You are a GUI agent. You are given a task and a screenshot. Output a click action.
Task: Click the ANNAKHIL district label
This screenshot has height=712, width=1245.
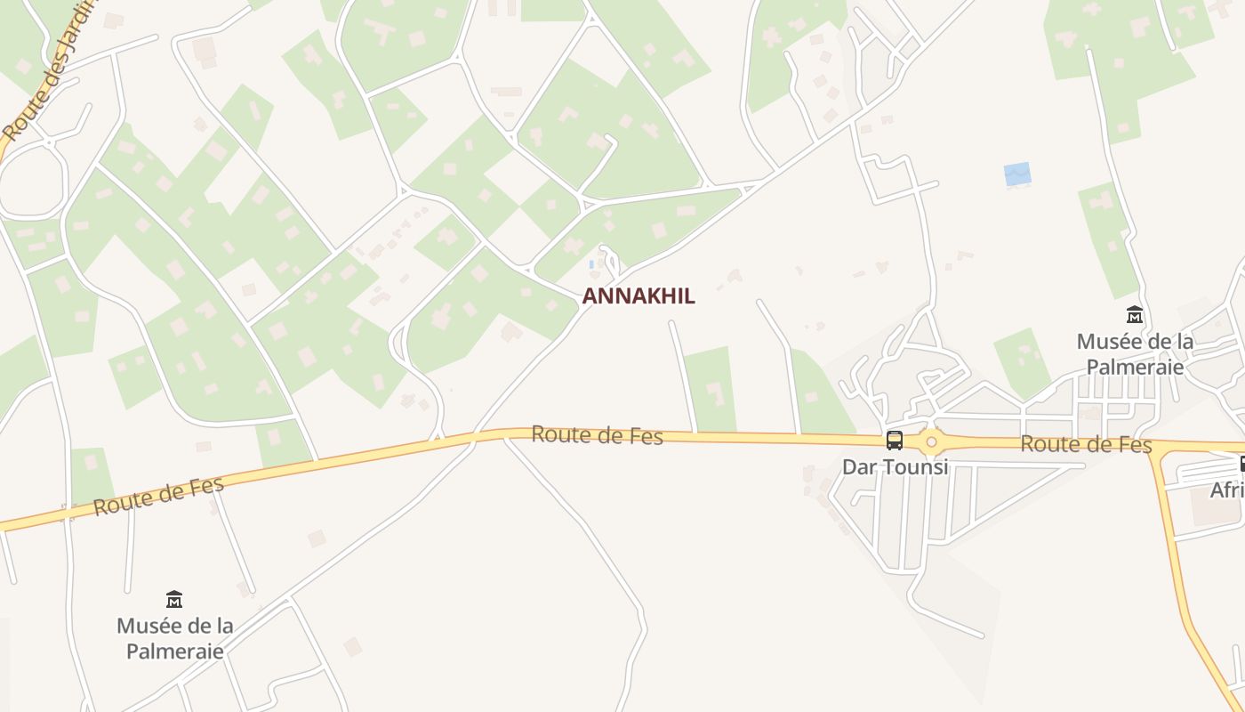coord(639,296)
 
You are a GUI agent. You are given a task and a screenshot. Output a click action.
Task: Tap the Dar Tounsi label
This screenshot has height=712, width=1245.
coord(895,466)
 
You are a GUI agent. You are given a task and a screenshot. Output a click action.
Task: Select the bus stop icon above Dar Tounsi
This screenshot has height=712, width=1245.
coord(895,441)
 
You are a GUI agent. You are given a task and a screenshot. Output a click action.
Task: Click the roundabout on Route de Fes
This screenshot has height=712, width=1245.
coord(931,441)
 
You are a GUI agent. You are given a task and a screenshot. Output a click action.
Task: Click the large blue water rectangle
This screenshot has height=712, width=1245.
coord(1017,174)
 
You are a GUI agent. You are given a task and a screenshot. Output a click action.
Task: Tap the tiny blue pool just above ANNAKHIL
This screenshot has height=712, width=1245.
coord(591,264)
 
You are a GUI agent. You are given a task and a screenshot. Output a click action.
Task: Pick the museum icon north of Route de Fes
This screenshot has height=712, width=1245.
coord(1135,315)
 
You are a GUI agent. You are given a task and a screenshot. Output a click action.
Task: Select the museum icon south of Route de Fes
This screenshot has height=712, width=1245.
coord(174,599)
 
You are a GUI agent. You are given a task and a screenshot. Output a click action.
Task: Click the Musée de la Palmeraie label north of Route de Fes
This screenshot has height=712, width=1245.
coord(1135,353)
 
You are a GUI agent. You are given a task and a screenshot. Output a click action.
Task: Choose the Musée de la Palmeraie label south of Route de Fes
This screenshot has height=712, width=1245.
coord(175,638)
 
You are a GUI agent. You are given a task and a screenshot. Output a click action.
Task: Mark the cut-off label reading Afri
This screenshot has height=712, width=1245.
coord(1227,490)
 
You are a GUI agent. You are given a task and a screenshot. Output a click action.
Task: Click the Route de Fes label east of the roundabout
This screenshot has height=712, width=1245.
coord(1086,444)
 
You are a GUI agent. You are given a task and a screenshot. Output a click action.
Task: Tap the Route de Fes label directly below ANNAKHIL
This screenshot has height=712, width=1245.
coord(597,435)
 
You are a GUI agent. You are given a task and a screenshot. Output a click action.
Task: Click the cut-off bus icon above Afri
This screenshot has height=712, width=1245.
coord(1242,464)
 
